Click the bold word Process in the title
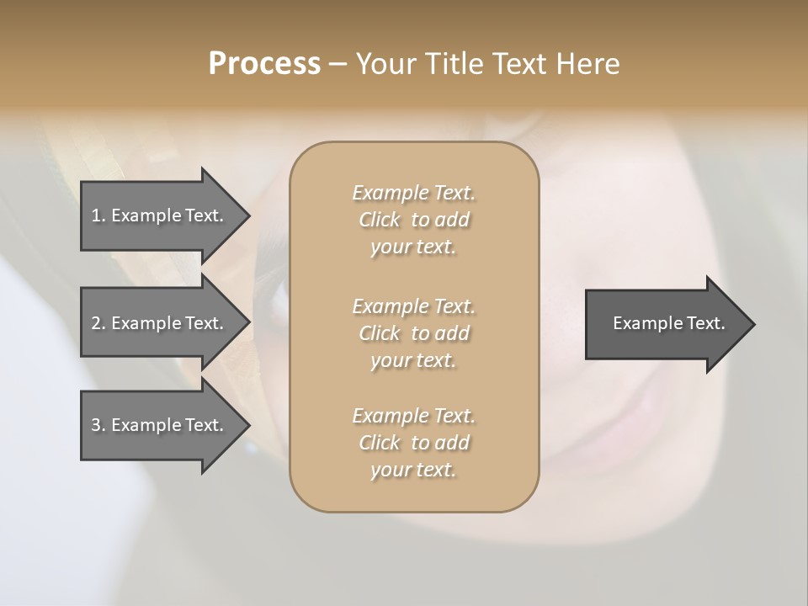[x=264, y=64]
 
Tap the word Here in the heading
[x=589, y=64]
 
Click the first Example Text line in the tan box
[x=413, y=193]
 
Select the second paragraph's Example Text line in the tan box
[x=413, y=306]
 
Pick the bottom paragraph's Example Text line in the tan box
[x=413, y=416]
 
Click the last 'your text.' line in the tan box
[x=413, y=470]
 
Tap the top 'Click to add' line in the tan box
[x=413, y=220]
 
